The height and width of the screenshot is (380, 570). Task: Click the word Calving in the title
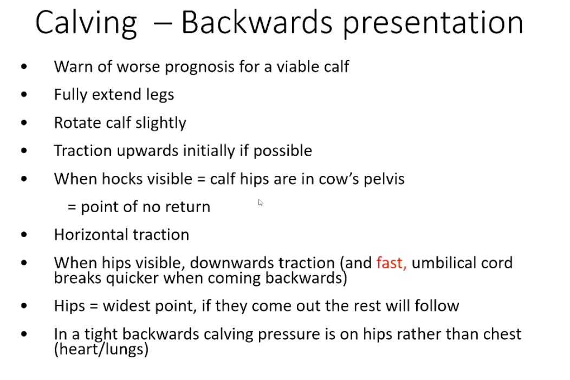pyautogui.click(x=86, y=23)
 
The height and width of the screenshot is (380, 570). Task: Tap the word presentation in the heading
pyautogui.click(x=433, y=23)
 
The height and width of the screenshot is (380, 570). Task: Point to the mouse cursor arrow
pyautogui.click(x=261, y=202)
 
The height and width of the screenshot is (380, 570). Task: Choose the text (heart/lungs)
pyautogui.click(x=101, y=349)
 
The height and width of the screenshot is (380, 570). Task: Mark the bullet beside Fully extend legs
pyautogui.click(x=23, y=95)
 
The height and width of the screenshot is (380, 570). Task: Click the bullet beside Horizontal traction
pyautogui.click(x=23, y=235)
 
